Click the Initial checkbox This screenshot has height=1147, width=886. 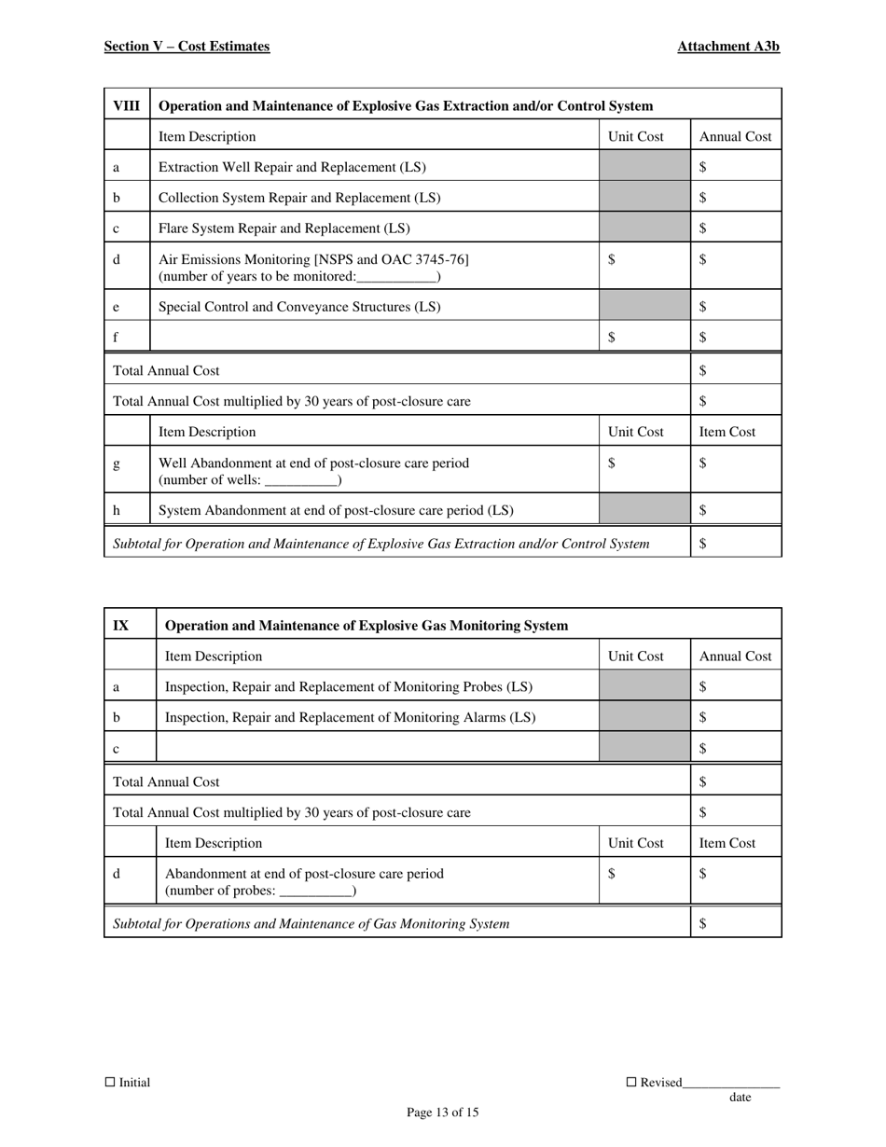coord(110,1083)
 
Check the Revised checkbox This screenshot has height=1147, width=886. coord(631,1083)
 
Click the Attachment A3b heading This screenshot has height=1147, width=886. coord(728,47)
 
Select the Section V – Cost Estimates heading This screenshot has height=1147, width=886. coord(187,47)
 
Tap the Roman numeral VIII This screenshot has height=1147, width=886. coord(127,105)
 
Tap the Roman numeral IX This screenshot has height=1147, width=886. coord(121,626)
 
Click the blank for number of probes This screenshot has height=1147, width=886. coord(316,891)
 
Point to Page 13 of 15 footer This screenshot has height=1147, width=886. coord(443,1112)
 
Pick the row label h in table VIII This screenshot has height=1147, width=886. coord(117,511)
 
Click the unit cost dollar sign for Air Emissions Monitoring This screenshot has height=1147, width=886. coord(612,261)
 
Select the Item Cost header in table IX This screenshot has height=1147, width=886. coord(727,843)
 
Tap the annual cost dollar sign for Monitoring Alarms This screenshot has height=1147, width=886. coord(703,717)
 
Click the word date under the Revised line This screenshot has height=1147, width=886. coord(740,1098)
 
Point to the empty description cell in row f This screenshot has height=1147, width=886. coord(373,338)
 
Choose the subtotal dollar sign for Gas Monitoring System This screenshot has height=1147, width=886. coord(703,923)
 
